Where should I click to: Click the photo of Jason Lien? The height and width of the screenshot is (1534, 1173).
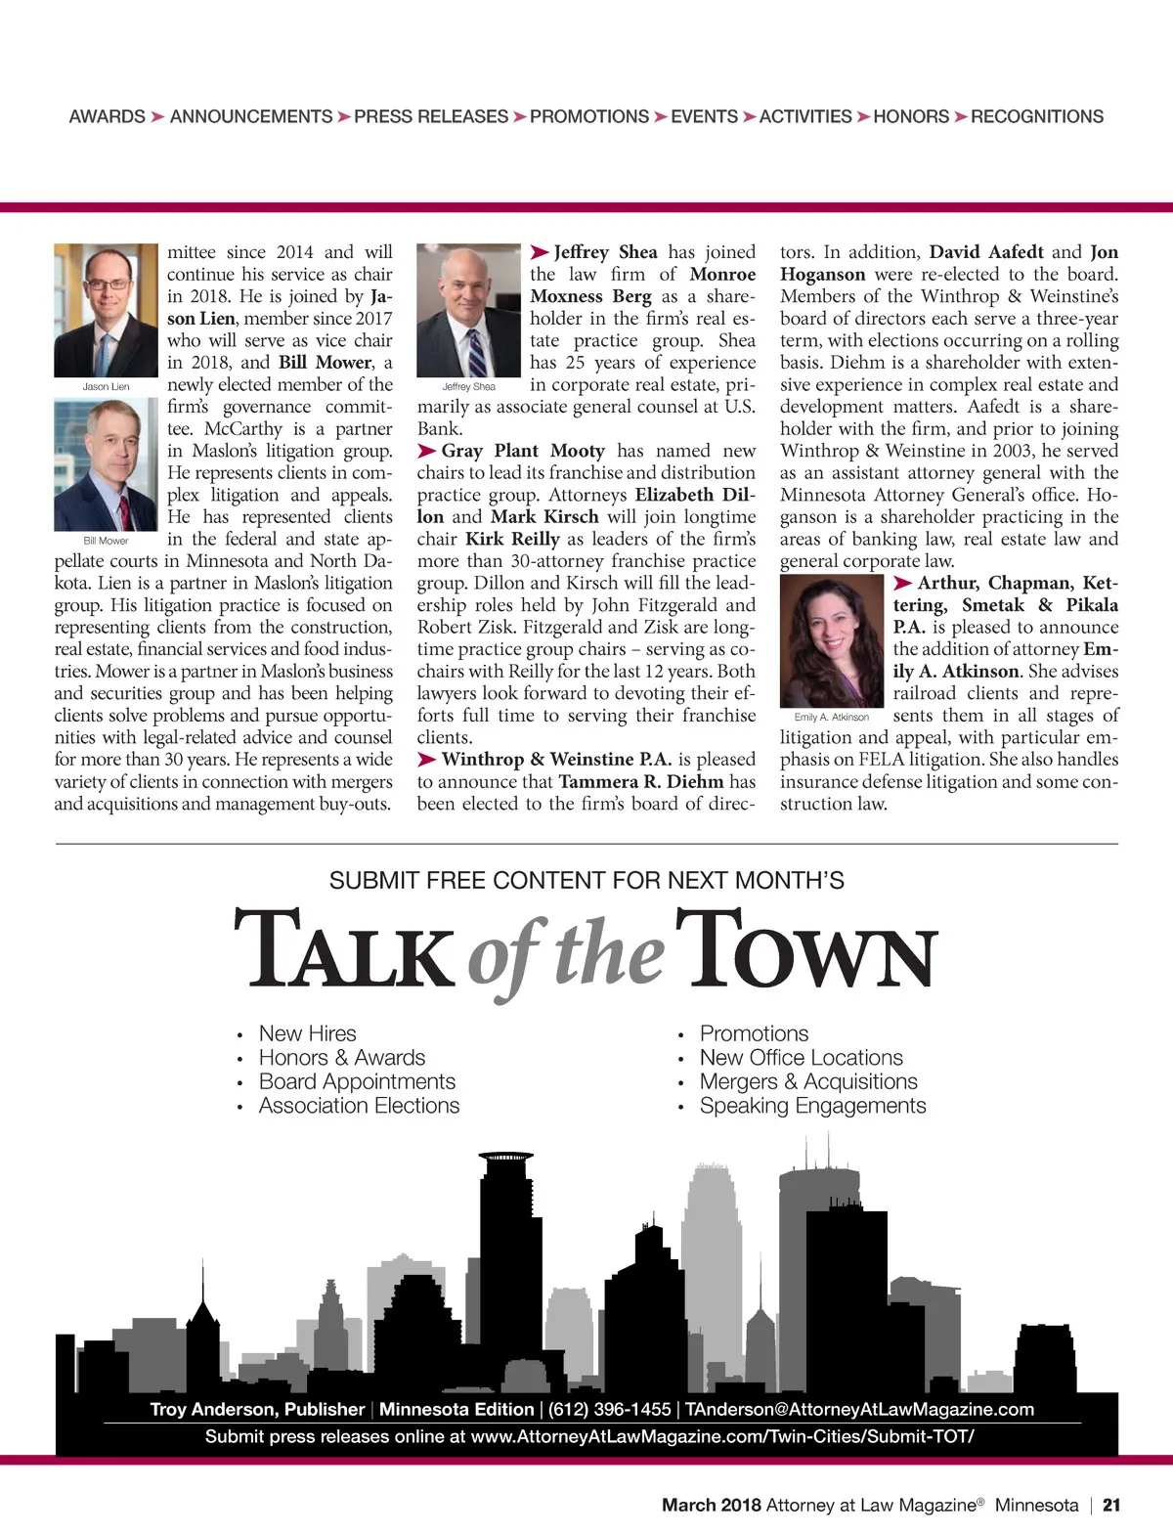click(106, 310)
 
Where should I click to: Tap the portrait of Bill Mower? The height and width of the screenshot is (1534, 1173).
click(106, 465)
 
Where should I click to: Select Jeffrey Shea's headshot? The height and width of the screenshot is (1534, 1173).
click(468, 310)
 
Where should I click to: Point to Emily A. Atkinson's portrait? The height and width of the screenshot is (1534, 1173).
click(832, 640)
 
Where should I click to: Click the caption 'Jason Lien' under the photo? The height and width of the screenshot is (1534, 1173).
click(106, 387)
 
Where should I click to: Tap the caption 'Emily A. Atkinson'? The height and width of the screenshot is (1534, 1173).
click(832, 718)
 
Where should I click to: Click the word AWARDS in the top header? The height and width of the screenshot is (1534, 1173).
click(107, 117)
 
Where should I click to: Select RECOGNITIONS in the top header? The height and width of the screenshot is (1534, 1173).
click(1037, 117)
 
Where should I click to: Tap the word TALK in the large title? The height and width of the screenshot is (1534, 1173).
click(343, 950)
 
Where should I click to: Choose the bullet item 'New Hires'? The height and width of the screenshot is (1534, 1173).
click(307, 1033)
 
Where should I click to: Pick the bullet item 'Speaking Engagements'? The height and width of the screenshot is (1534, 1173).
click(812, 1106)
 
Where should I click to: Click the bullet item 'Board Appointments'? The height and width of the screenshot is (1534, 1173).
click(357, 1081)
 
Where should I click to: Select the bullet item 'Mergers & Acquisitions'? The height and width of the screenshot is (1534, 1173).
click(808, 1081)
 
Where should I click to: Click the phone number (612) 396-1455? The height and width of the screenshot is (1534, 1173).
click(609, 1410)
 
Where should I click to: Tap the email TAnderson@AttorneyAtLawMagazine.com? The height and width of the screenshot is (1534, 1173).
click(859, 1410)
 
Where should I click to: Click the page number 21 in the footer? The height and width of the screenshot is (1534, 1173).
click(1111, 1506)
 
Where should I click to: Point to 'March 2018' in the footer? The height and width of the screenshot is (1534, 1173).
click(711, 1506)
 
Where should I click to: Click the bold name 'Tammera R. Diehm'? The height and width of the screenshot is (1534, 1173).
click(641, 782)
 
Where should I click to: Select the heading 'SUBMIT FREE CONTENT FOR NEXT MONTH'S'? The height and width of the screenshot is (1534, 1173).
click(586, 881)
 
